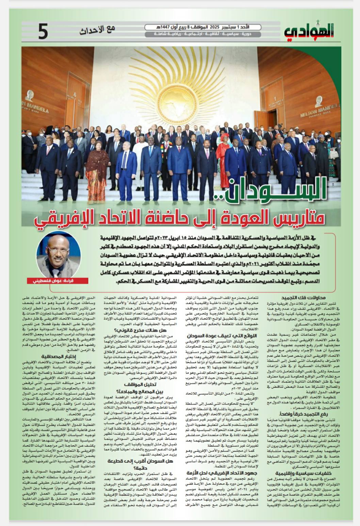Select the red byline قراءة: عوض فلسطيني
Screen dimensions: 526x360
(x=62, y=281)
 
